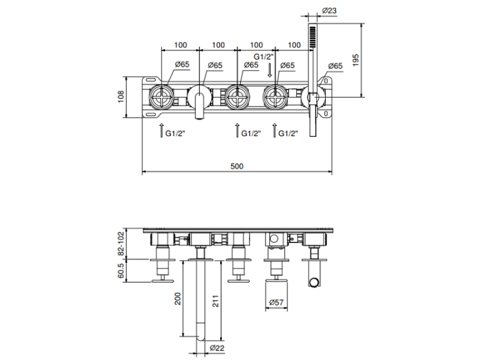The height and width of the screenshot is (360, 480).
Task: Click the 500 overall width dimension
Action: click(x=237, y=166)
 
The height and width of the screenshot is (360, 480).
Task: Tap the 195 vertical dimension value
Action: click(x=355, y=61)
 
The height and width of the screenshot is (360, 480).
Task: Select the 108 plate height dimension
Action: click(x=121, y=97)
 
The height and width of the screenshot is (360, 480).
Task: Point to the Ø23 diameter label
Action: click(x=330, y=10)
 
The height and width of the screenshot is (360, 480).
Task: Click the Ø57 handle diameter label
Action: click(x=276, y=302)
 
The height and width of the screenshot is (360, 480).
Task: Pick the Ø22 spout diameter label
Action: click(x=217, y=348)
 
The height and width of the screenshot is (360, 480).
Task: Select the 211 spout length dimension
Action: click(x=216, y=301)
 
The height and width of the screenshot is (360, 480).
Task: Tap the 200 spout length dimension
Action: click(x=177, y=299)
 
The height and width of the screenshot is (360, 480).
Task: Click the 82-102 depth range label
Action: click(x=121, y=244)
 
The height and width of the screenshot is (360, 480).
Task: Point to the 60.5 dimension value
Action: click(x=121, y=271)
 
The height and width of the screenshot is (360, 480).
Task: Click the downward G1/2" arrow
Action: click(x=269, y=70)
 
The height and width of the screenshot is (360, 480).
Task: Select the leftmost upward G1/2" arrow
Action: click(x=161, y=130)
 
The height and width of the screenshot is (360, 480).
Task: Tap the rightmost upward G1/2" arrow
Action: click(x=275, y=130)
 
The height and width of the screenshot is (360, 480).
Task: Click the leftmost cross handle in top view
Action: click(x=161, y=98)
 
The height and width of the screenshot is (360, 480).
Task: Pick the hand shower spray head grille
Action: click(x=312, y=37)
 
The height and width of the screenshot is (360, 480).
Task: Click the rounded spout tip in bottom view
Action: click(x=201, y=337)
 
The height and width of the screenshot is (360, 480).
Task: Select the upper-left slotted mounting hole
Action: click(x=150, y=80)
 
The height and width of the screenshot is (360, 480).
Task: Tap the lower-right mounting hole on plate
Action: click(x=326, y=114)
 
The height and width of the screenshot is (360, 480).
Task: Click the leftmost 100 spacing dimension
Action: click(x=180, y=45)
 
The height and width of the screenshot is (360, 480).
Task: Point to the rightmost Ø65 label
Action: click(x=335, y=66)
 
